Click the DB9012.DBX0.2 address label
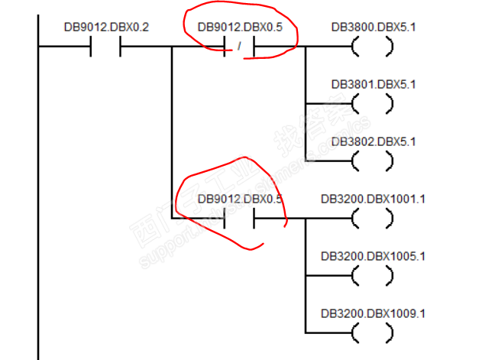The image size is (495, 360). pyautogui.click(x=107, y=28)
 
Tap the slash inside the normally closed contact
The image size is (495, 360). pyautogui.click(x=240, y=47)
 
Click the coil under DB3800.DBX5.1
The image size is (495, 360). pyautogui.click(x=373, y=47)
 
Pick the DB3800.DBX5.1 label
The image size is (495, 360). pyautogui.click(x=374, y=28)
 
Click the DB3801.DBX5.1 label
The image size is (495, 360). pyautogui.click(x=374, y=84)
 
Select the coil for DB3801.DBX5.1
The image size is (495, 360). pyautogui.click(x=373, y=103)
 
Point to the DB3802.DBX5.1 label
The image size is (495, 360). pyautogui.click(x=374, y=141)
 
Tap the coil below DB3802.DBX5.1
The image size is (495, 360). pyautogui.click(x=373, y=161)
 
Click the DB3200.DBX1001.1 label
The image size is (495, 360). pyautogui.click(x=374, y=199)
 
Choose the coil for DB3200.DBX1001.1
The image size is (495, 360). pyautogui.click(x=373, y=218)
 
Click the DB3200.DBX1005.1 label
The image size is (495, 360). pyautogui.click(x=374, y=256)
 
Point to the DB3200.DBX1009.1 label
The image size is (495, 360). pyautogui.click(x=374, y=313)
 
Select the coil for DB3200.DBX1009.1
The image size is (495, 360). pyautogui.click(x=373, y=332)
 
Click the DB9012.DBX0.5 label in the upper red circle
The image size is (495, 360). pyautogui.click(x=240, y=28)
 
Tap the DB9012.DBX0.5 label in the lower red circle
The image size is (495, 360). pyautogui.click(x=240, y=199)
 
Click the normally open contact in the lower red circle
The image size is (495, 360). pyautogui.click(x=240, y=218)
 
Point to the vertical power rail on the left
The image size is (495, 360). pyautogui.click(x=37, y=191)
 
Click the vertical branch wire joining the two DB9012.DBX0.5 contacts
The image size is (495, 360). pyautogui.click(x=172, y=134)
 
